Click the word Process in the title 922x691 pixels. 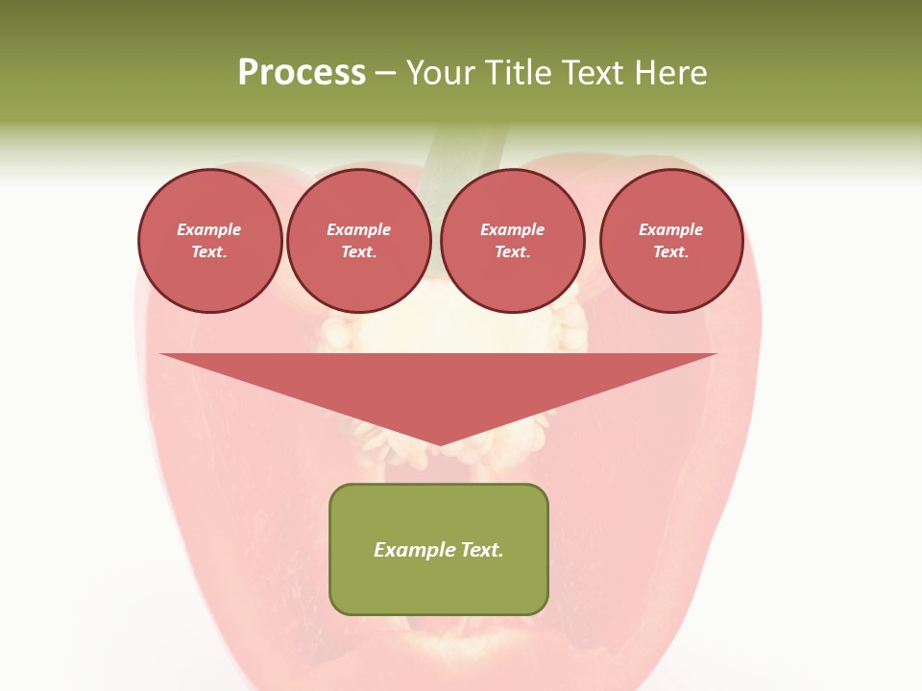pos(302,72)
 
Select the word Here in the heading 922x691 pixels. pos(669,72)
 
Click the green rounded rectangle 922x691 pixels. pos(439,585)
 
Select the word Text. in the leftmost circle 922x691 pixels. pos(209,252)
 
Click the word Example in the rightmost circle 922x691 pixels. pos(671,229)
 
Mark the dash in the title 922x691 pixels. pos(385,72)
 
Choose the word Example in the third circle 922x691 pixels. pos(513,229)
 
